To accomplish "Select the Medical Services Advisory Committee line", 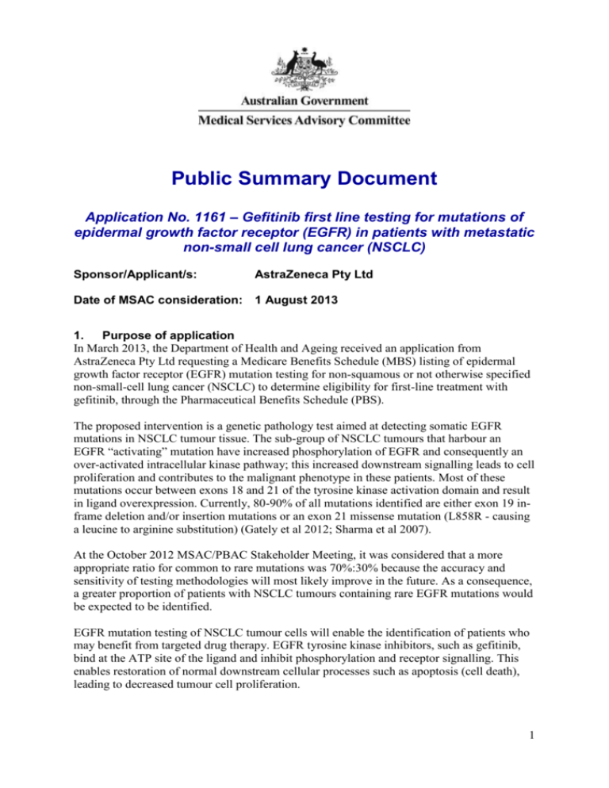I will click(x=304, y=121).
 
